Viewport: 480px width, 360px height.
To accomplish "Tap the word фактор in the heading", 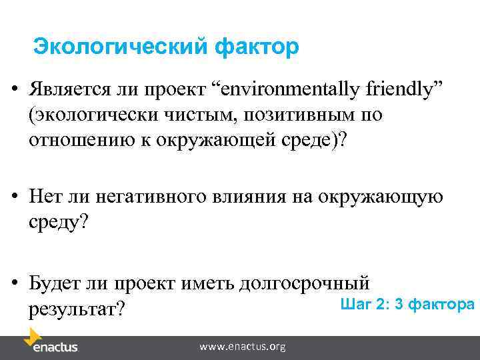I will (257, 48).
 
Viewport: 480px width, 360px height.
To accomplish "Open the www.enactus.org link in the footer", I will (243, 347).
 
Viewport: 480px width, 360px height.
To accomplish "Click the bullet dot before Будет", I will (15, 283).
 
